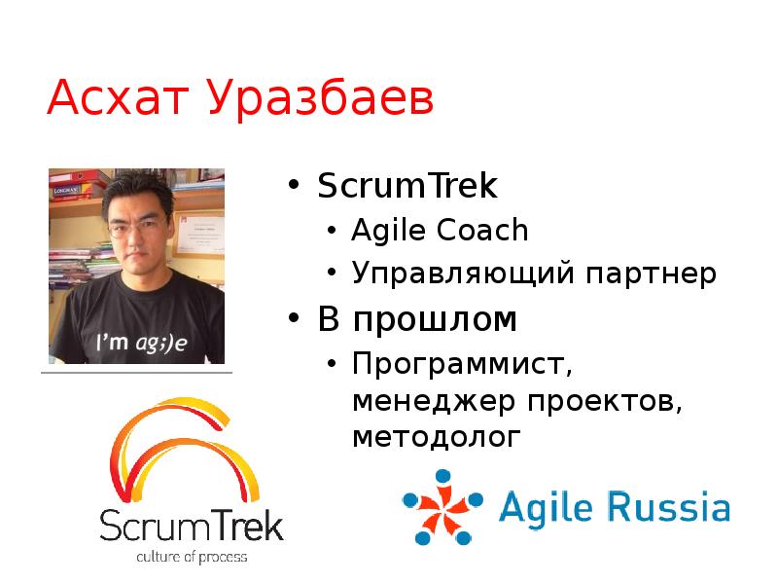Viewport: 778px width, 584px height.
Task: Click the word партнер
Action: click(650, 274)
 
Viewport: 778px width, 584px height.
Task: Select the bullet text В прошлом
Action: click(417, 319)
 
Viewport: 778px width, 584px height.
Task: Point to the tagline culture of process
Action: click(191, 557)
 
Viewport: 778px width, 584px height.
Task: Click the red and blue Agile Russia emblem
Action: click(442, 507)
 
